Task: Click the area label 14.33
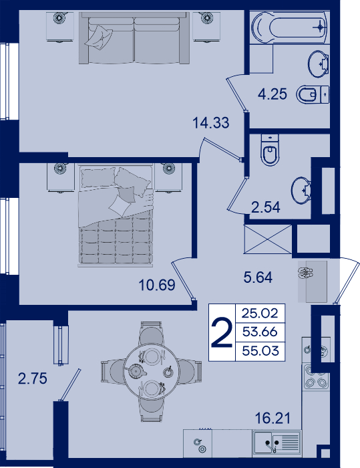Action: [x=211, y=122]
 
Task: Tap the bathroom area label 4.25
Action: [x=273, y=94]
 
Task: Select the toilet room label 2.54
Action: [x=265, y=207]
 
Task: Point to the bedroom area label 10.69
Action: [x=157, y=285]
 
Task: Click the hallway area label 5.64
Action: [x=258, y=277]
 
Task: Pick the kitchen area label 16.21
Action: [x=273, y=419]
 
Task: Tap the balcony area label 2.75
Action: [x=33, y=378]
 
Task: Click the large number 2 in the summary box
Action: [x=222, y=332]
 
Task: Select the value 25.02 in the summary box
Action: [x=260, y=313]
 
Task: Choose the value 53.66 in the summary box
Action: [x=260, y=332]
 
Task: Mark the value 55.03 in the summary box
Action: [x=260, y=350]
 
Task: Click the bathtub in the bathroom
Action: [x=289, y=27]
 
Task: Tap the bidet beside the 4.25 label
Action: [x=313, y=95]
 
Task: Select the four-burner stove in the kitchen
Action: [x=316, y=376]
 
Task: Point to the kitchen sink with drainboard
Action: [x=277, y=443]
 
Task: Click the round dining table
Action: [x=151, y=372]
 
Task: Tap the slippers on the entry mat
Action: [x=305, y=272]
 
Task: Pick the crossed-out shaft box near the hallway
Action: [x=268, y=239]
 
